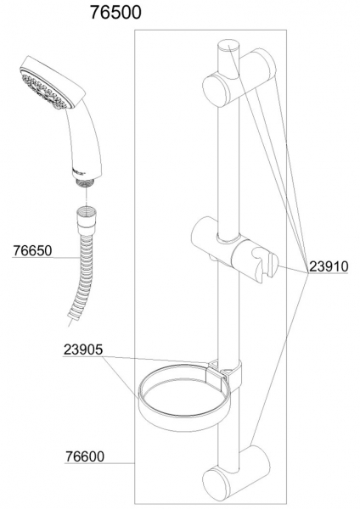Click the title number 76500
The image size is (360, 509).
pyautogui.click(x=115, y=13)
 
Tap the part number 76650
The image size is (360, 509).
pyautogui.click(x=32, y=250)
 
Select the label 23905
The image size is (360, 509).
pyautogui.click(x=83, y=350)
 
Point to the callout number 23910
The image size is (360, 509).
pyautogui.click(x=329, y=266)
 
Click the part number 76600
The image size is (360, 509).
pyautogui.click(x=85, y=456)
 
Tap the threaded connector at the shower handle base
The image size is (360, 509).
pyautogui.click(x=86, y=183)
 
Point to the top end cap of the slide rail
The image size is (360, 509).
pyautogui.click(x=228, y=46)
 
